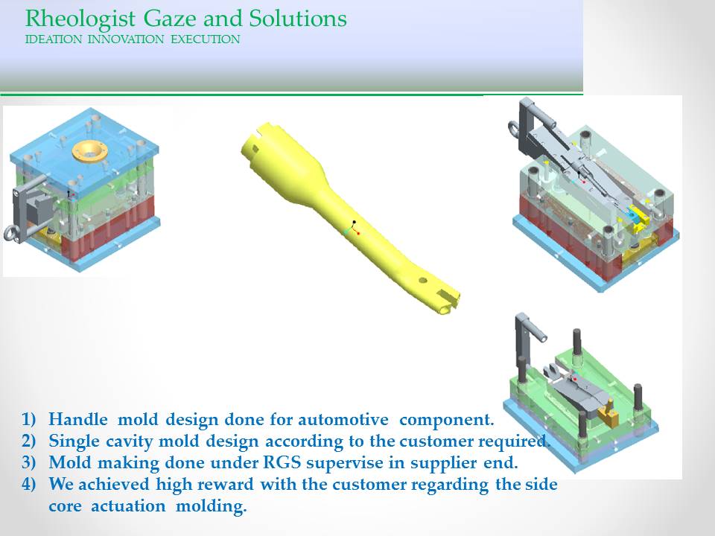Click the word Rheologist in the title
(x=80, y=19)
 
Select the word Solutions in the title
(x=298, y=19)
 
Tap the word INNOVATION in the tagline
(x=126, y=39)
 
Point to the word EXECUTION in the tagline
(x=206, y=39)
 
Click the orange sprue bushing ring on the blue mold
(x=90, y=151)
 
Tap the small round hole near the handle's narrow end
(x=423, y=281)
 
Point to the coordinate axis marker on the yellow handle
(x=353, y=228)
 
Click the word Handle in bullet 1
(x=78, y=419)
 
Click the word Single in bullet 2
(x=74, y=441)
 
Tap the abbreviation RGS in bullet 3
(x=282, y=462)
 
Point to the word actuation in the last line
(x=128, y=506)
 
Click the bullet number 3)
(x=28, y=462)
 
